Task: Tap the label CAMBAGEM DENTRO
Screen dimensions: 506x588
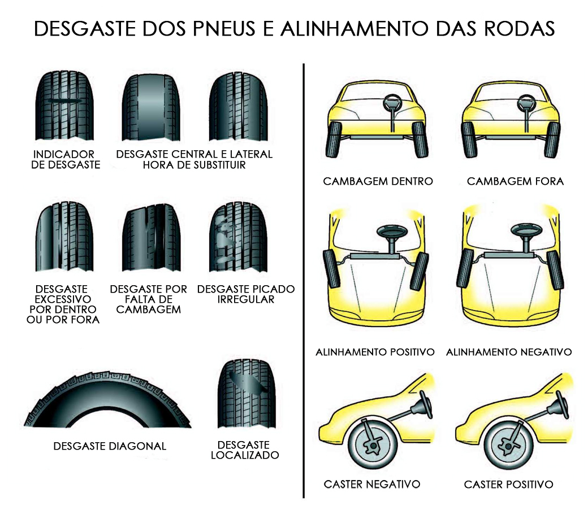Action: (378, 181)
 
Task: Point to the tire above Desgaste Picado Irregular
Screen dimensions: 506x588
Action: (238, 239)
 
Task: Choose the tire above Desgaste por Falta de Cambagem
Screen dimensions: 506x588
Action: (152, 239)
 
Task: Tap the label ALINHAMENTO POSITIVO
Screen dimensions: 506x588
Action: (375, 352)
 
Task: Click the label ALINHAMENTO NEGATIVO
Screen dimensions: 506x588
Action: (508, 352)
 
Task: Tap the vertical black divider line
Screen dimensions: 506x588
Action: (304, 282)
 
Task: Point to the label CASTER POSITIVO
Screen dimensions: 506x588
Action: (508, 485)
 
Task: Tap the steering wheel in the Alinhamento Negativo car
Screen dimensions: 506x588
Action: (524, 232)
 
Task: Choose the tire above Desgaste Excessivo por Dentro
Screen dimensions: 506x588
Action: (65, 239)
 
